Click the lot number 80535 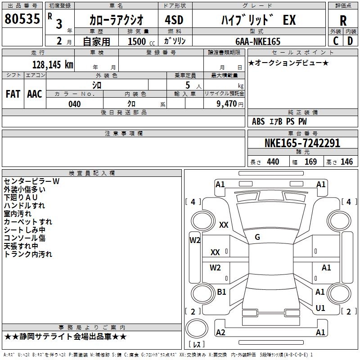[x=22, y=18]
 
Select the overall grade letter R [x=343, y=21]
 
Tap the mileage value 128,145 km [x=53, y=65]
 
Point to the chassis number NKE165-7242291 [x=302, y=143]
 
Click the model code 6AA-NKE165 [x=258, y=41]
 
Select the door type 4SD [x=174, y=20]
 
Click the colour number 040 [x=74, y=104]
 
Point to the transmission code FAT [x=13, y=94]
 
